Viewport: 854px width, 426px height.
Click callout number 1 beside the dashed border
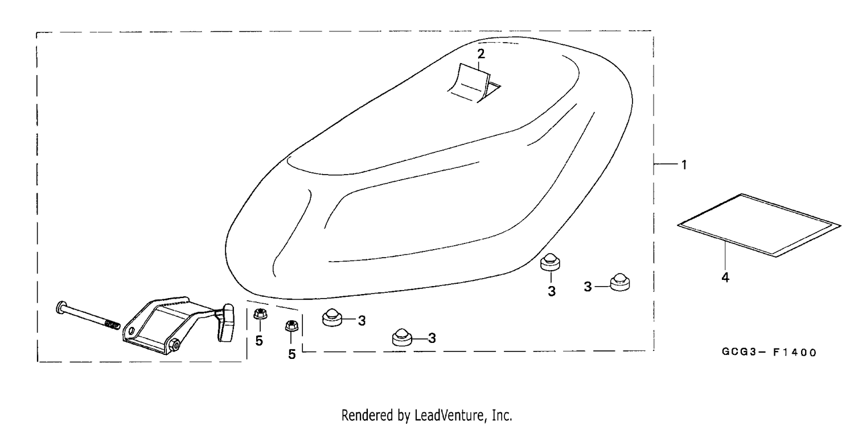click(684, 165)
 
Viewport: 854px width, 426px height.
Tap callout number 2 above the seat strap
click(481, 54)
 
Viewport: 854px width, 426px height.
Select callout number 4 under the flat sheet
click(725, 278)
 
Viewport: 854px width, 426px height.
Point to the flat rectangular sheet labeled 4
click(759, 225)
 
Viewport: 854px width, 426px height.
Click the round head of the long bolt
click(61, 307)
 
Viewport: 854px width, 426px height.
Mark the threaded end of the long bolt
click(112, 324)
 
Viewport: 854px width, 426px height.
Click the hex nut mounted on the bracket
click(175, 345)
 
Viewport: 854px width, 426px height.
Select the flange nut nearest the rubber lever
click(260, 314)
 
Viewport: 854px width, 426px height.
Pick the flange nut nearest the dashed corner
click(292, 326)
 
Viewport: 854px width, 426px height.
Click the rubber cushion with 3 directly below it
click(550, 262)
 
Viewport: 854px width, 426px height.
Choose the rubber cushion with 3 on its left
click(620, 282)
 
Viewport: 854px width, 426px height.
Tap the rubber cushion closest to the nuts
click(332, 317)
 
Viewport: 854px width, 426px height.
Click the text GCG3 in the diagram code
click(739, 351)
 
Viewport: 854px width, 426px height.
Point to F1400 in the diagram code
click(795, 353)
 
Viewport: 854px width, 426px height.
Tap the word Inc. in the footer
click(502, 415)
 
